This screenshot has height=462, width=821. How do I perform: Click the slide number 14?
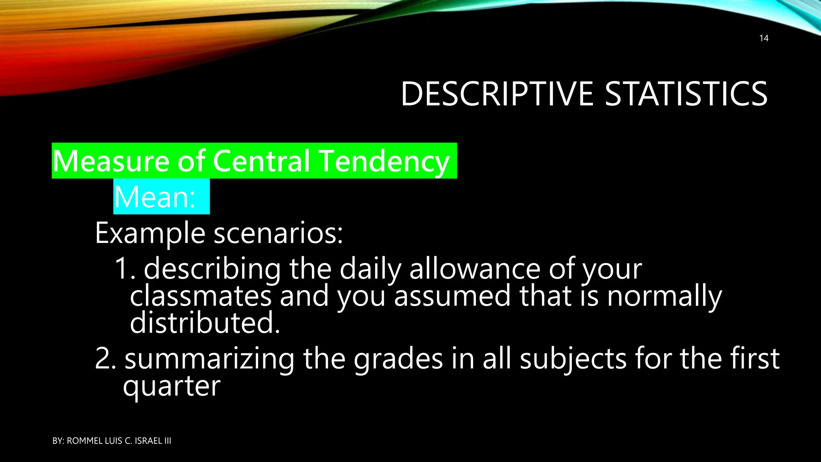click(764, 38)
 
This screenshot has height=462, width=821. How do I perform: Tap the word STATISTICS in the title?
click(686, 94)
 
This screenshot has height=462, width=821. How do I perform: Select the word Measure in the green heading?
click(111, 161)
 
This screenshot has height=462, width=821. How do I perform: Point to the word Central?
click(261, 161)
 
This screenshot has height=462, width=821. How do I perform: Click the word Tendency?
click(385, 161)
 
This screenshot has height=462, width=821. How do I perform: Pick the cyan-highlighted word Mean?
click(154, 197)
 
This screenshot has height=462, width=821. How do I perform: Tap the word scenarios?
click(278, 233)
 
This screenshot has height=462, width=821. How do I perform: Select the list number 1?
click(124, 269)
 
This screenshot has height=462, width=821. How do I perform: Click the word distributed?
click(204, 323)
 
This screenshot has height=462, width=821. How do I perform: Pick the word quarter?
click(172, 387)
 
